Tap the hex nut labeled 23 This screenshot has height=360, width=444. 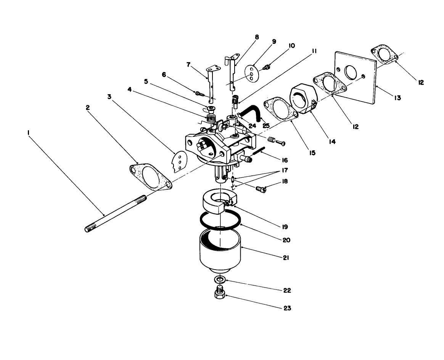click(x=219, y=295)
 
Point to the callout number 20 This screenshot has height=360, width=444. click(x=286, y=240)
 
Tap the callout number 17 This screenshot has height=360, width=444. click(x=285, y=170)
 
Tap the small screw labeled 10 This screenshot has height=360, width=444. click(x=267, y=67)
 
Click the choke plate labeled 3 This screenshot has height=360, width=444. click(x=179, y=162)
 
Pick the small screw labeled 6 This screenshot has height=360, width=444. click(x=199, y=93)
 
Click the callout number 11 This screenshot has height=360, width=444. click(x=314, y=51)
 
